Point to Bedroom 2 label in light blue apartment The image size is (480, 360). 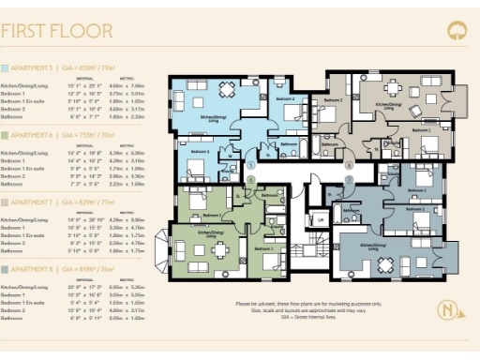(x=285, y=97)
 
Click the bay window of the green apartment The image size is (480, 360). (x=169, y=246)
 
